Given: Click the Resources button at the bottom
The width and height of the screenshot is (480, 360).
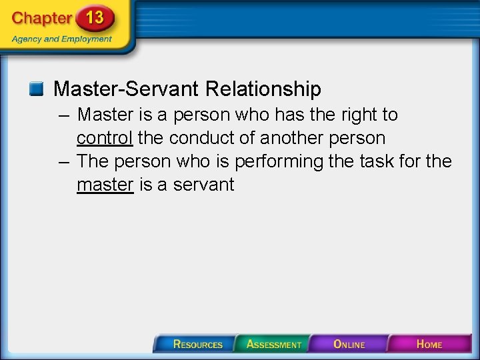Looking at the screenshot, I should pyautogui.click(x=197, y=344).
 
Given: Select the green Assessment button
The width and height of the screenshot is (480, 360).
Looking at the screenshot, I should pyautogui.click(x=273, y=344).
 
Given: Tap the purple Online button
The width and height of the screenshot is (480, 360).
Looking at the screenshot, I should pyautogui.click(x=349, y=344).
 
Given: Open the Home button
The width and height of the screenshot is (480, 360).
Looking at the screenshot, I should pyautogui.click(x=429, y=344).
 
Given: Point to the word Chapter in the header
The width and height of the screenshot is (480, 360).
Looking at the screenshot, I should pyautogui.click(x=41, y=19).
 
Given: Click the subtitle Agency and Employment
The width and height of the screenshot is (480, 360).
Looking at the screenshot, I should pyautogui.click(x=62, y=39).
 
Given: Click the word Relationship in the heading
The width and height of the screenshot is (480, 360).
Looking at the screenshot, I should pyautogui.click(x=263, y=89).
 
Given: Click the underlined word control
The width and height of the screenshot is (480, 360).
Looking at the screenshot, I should pyautogui.click(x=105, y=138).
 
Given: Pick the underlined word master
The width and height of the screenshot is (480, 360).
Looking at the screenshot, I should pyautogui.click(x=105, y=185).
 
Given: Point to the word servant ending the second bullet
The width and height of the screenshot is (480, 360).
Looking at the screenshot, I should pyautogui.click(x=203, y=185).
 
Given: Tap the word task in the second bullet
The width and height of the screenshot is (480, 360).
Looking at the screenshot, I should pyautogui.click(x=375, y=161).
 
